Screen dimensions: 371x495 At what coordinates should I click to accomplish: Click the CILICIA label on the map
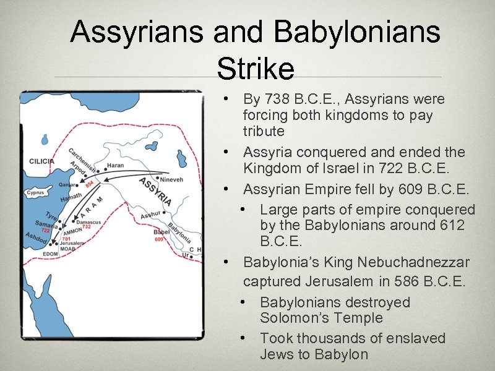(42, 161)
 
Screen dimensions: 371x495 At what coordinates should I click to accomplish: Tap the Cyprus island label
(35, 193)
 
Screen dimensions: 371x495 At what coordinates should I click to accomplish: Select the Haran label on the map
(115, 166)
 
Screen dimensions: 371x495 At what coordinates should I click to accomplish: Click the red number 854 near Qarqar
(89, 184)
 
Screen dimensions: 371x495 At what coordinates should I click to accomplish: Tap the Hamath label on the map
(70, 198)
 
